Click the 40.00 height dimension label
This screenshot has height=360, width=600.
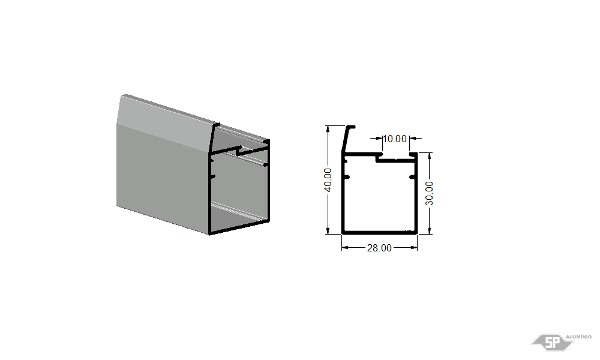pyautogui.click(x=328, y=180)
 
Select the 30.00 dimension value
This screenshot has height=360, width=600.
pyautogui.click(x=430, y=193)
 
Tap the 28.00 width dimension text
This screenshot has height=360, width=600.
pyautogui.click(x=379, y=248)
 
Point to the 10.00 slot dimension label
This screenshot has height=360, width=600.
pyautogui.click(x=395, y=139)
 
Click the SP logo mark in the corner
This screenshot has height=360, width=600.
pyautogui.click(x=552, y=342)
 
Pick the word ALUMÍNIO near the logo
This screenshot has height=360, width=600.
pyautogui.click(x=578, y=337)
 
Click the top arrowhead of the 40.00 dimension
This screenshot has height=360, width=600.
pyautogui.click(x=328, y=129)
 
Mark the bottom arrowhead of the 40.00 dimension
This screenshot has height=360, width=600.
pyautogui.click(x=328, y=230)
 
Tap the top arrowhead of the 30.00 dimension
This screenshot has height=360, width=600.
pyautogui.click(x=430, y=156)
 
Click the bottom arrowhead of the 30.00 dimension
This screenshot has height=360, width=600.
pyautogui.click(x=430, y=230)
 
